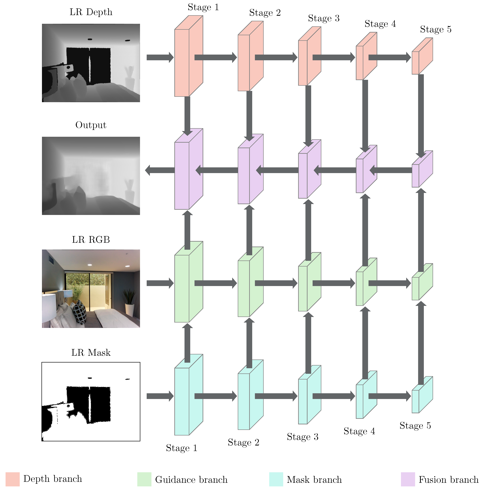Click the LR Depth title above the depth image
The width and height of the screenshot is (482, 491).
point(91,12)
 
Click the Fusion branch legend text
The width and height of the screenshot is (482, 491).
point(448,479)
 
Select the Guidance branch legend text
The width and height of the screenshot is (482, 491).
point(191,479)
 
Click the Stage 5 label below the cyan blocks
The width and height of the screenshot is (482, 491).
point(415,425)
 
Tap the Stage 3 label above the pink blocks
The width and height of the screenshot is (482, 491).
point(324,18)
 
